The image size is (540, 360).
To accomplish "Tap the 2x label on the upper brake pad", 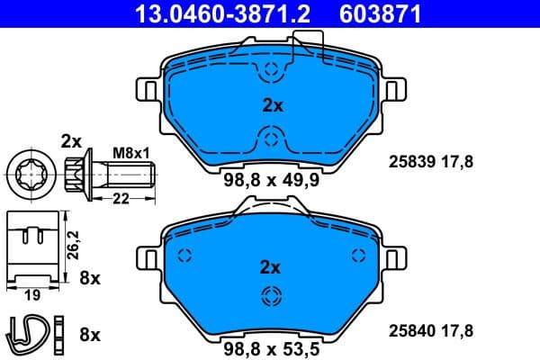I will (271, 105).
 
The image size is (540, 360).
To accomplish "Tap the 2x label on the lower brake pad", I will (271, 266).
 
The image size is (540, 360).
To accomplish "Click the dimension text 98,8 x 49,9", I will (271, 179).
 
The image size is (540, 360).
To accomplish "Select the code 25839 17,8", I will (429, 163).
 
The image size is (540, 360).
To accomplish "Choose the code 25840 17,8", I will (429, 330).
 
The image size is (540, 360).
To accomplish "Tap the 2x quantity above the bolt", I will (71, 140).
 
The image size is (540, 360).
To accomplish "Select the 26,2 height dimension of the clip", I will (76, 240).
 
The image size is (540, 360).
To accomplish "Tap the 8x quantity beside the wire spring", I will (90, 335).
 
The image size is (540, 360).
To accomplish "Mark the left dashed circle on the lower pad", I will (184, 255).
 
